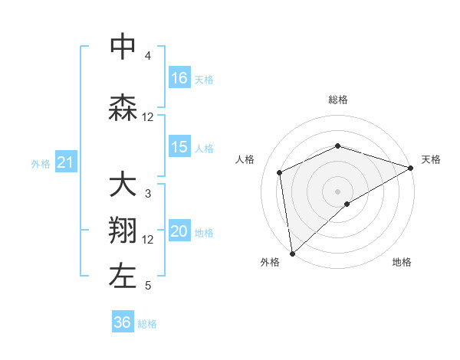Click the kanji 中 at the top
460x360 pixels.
pyautogui.click(x=123, y=47)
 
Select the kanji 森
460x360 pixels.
pyautogui.click(x=123, y=108)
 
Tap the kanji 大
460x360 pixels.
pyautogui.click(x=123, y=185)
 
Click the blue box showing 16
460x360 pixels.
pyautogui.click(x=179, y=78)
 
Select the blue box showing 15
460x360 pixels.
pyautogui.click(x=179, y=147)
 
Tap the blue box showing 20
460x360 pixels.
pyautogui.click(x=179, y=232)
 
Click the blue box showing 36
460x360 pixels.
pyautogui.click(x=123, y=322)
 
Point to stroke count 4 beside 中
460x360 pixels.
pyautogui.click(x=148, y=56)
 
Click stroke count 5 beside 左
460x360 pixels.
pyautogui.click(x=148, y=286)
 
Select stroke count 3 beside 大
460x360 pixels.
pyautogui.click(x=148, y=194)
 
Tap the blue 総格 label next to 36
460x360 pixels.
pyautogui.click(x=147, y=324)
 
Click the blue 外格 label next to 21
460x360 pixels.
pyautogui.click(x=41, y=163)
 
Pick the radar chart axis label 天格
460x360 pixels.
pyautogui.click(x=431, y=159)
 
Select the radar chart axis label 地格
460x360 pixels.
pyautogui.click(x=402, y=262)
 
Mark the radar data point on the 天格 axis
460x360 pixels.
pyautogui.click(x=411, y=167)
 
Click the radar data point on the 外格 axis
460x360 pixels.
pyautogui.click(x=292, y=253)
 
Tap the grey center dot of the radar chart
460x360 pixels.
pyautogui.click(x=337, y=191)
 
